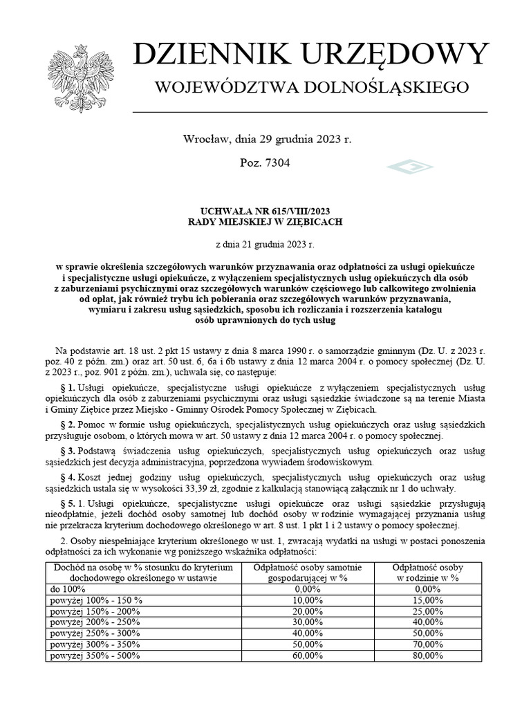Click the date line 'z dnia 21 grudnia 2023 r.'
[x=265, y=243]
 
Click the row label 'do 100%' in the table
[x=68, y=588]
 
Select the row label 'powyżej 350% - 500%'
[x=96, y=655]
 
